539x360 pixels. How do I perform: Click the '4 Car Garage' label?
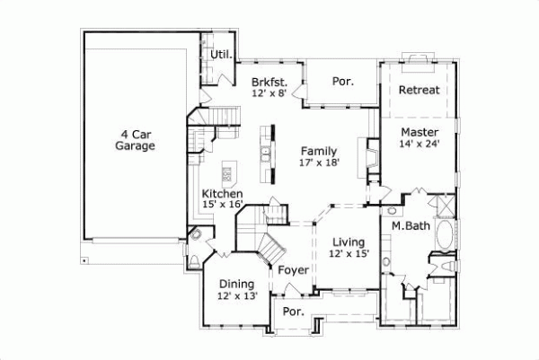click(x=136, y=139)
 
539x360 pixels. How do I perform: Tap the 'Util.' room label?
click(x=220, y=55)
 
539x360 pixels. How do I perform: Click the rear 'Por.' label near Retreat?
click(x=342, y=81)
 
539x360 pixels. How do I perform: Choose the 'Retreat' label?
click(x=419, y=91)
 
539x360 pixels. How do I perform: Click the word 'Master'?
click(x=420, y=132)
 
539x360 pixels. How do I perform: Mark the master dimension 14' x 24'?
click(x=420, y=144)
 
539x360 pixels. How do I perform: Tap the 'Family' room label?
click(x=319, y=150)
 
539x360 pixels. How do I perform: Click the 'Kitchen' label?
click(x=222, y=194)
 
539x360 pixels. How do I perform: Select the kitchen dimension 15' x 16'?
click(x=222, y=206)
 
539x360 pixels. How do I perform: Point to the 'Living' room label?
click(x=349, y=241)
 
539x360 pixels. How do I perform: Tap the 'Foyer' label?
click(x=293, y=269)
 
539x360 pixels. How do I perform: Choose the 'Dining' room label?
click(x=236, y=284)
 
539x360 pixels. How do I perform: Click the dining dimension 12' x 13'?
click(x=237, y=296)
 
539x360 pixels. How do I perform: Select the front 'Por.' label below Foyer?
click(x=292, y=312)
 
